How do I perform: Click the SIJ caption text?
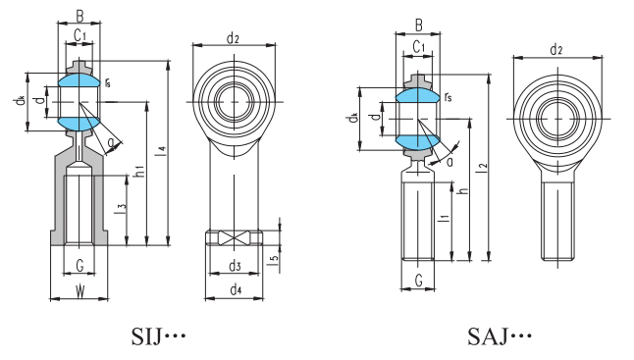coord(158,336)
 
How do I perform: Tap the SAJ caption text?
coord(499,336)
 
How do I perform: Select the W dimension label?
coord(80,291)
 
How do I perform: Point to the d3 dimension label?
coord(235,266)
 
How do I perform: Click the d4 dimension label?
coord(236,289)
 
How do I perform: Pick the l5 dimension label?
coord(274,261)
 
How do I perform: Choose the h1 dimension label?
coord(140,172)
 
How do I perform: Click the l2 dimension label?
coord(483,168)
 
